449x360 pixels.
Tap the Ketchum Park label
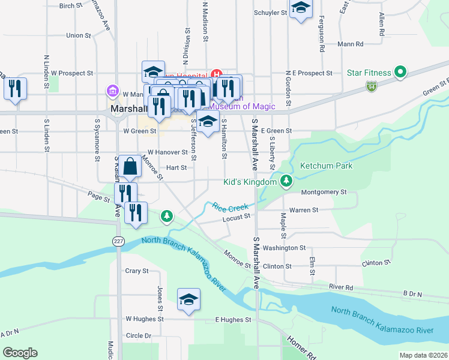tap(326, 166)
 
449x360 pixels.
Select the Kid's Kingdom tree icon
tap(287, 181)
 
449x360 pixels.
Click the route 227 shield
tap(117, 241)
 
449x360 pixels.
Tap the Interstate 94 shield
tap(372, 88)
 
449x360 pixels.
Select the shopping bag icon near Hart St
tap(130, 166)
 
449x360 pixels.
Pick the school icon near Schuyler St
tap(301, 8)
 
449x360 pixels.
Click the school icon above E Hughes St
tap(188, 299)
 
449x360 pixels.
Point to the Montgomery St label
tap(324, 192)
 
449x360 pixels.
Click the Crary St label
tap(137, 271)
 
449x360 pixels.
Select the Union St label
tap(79, 35)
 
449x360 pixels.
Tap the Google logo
tap(20, 353)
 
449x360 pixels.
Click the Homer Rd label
tap(303, 348)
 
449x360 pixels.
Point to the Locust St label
tap(235, 218)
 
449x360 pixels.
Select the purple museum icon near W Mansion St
tap(112, 91)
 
